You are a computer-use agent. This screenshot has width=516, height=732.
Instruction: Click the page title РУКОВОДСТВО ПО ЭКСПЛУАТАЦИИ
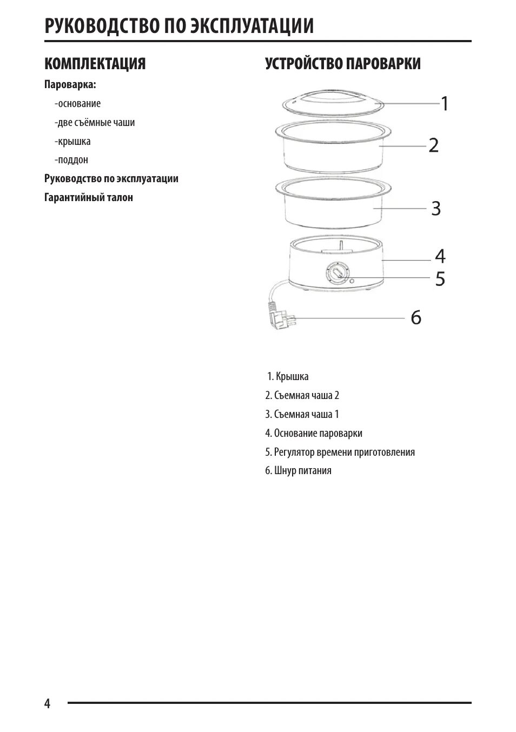tap(179, 25)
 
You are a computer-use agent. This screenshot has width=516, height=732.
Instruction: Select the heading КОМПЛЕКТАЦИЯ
tap(95, 64)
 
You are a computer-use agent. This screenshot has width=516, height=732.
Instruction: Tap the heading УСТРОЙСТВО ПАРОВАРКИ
tap(342, 64)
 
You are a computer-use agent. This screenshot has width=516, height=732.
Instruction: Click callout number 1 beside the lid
tap(445, 103)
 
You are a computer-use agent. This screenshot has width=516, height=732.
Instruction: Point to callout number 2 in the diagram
tap(433, 145)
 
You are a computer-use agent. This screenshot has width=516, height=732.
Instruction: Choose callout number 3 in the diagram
tap(435, 208)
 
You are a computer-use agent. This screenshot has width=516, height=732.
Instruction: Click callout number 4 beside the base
tap(440, 256)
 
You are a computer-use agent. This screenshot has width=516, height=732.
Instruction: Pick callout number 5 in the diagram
tap(440, 279)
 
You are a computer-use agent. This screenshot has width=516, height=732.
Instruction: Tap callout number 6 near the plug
tap(415, 318)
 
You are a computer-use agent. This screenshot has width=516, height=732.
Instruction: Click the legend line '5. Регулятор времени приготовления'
tap(340, 452)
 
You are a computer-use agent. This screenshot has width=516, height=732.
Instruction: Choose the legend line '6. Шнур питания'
tap(298, 470)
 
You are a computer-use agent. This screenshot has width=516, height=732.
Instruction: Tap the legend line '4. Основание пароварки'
tap(314, 433)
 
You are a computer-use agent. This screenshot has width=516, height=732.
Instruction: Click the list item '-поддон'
tap(71, 160)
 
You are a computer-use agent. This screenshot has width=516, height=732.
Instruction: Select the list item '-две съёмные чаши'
tap(95, 123)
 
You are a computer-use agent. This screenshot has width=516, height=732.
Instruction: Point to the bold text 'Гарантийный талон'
tap(89, 197)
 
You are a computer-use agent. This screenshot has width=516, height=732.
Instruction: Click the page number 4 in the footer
tap(48, 703)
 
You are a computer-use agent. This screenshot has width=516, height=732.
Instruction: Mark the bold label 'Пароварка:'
tap(70, 85)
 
